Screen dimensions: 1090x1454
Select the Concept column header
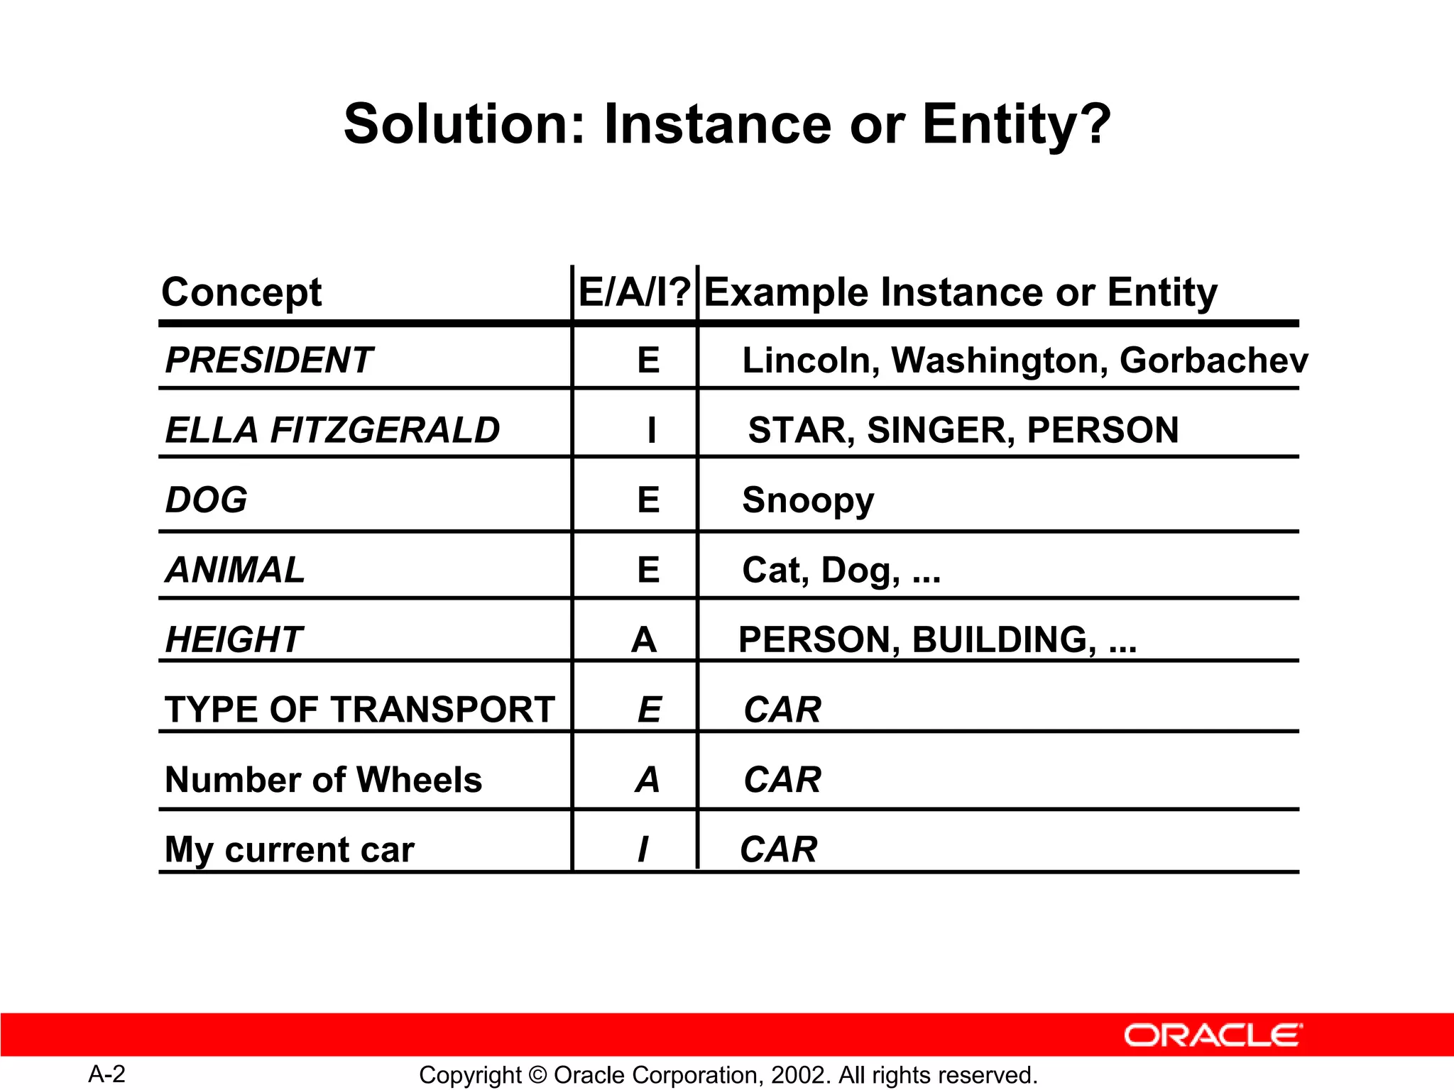click(241, 293)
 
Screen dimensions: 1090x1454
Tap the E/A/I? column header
click(634, 293)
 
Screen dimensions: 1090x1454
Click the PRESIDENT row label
click(268, 360)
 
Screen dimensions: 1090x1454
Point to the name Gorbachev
click(1213, 360)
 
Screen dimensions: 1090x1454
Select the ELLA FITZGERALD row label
click(332, 430)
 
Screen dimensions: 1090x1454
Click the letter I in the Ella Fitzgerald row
click(651, 430)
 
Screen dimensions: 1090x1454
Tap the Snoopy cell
click(808, 500)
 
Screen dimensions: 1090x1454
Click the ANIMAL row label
click(235, 570)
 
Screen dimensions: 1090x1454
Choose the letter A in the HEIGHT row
click(644, 640)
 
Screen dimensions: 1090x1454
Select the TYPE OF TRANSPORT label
click(359, 710)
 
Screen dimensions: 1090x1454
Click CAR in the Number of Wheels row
click(782, 780)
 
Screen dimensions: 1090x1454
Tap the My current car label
click(289, 849)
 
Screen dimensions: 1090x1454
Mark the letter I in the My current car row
click(643, 849)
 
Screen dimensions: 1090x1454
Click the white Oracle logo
click(1213, 1035)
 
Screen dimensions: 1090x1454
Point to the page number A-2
click(107, 1074)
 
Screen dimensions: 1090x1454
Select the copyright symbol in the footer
click(537, 1075)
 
